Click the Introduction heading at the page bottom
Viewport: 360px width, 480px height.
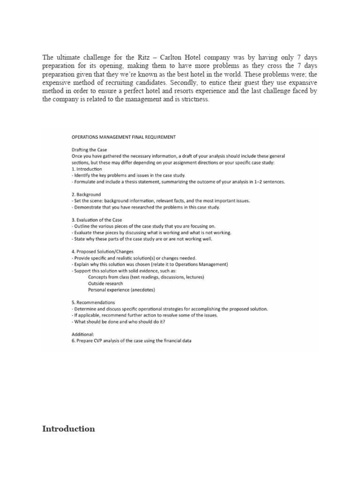(68, 429)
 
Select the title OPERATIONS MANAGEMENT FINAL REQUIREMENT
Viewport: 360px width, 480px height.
(123, 137)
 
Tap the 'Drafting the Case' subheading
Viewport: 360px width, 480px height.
(90, 150)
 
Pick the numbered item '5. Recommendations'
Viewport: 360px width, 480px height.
(93, 302)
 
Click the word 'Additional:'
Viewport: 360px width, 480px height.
(82, 334)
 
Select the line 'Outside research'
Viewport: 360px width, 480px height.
(105, 284)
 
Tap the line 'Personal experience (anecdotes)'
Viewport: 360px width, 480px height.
(121, 290)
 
